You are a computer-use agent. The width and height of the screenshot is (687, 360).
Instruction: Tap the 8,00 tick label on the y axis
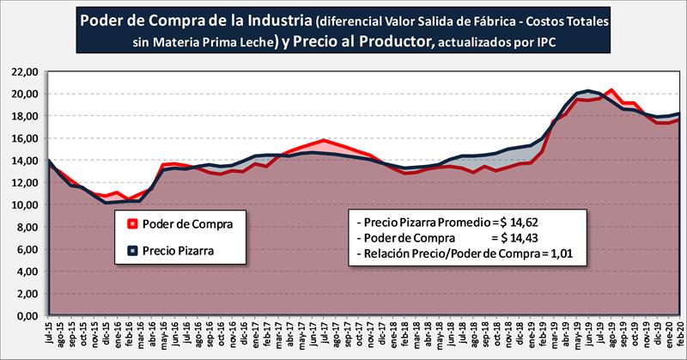click(x=23, y=227)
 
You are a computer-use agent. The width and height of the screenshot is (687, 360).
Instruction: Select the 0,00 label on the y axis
click(x=23, y=316)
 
